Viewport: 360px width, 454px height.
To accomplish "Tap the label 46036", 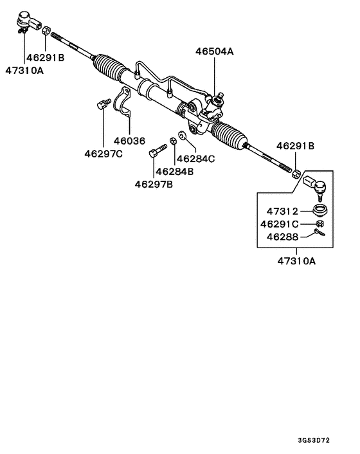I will (x=130, y=141).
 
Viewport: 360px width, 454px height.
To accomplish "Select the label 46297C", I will (x=104, y=153).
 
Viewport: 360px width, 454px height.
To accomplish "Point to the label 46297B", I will (x=154, y=184).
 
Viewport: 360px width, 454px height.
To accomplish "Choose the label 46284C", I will (x=196, y=158).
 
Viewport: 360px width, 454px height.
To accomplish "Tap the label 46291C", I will (x=280, y=224).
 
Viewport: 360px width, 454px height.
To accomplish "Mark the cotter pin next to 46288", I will (x=318, y=234).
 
